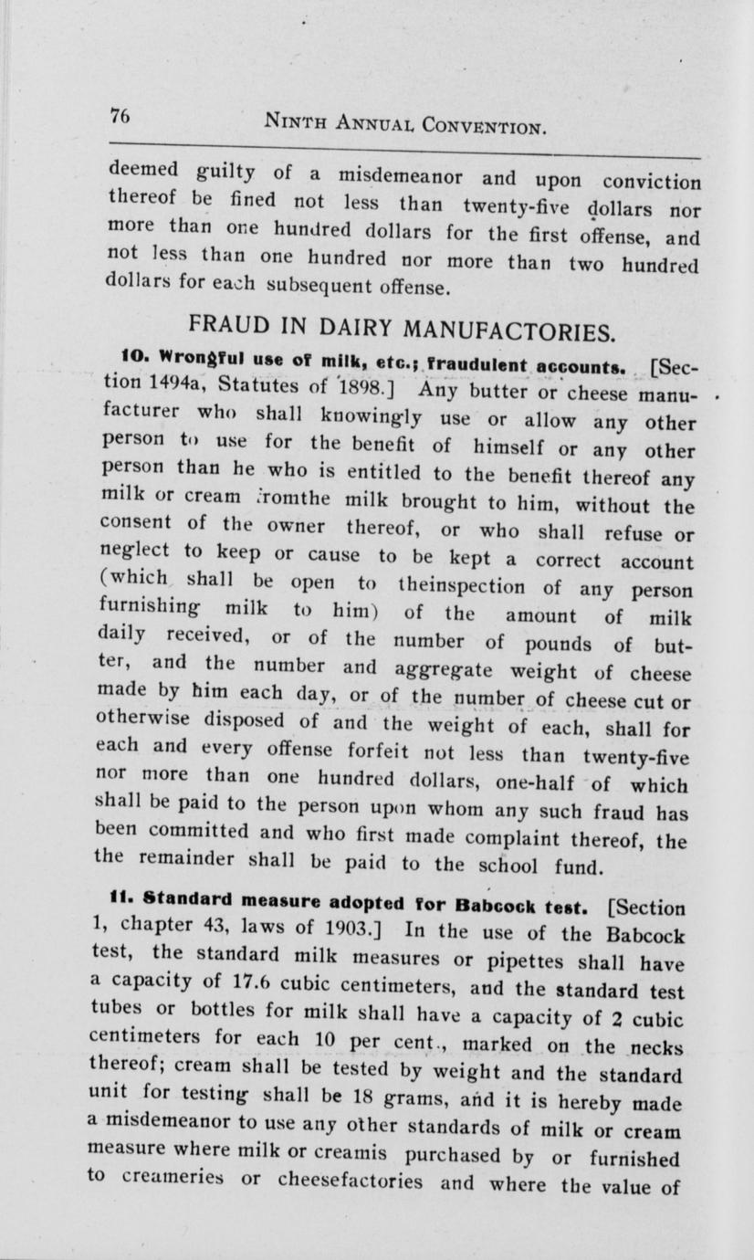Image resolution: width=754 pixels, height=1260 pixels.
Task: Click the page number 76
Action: click(x=120, y=116)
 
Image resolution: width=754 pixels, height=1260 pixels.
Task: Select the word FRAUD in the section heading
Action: click(x=223, y=325)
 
